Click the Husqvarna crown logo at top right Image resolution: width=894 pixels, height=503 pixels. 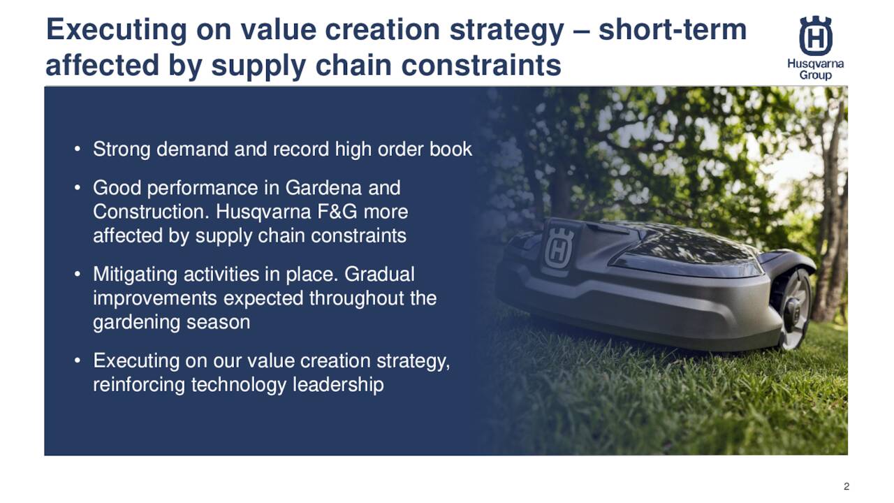coord(815,36)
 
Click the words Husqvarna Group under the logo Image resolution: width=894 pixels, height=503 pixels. coord(815,69)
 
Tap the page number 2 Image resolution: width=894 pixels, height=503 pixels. coord(847,486)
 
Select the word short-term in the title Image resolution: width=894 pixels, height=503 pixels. coord(673,31)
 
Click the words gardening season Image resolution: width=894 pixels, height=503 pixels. coord(171,322)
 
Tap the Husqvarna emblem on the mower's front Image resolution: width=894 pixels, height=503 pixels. coord(558,247)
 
